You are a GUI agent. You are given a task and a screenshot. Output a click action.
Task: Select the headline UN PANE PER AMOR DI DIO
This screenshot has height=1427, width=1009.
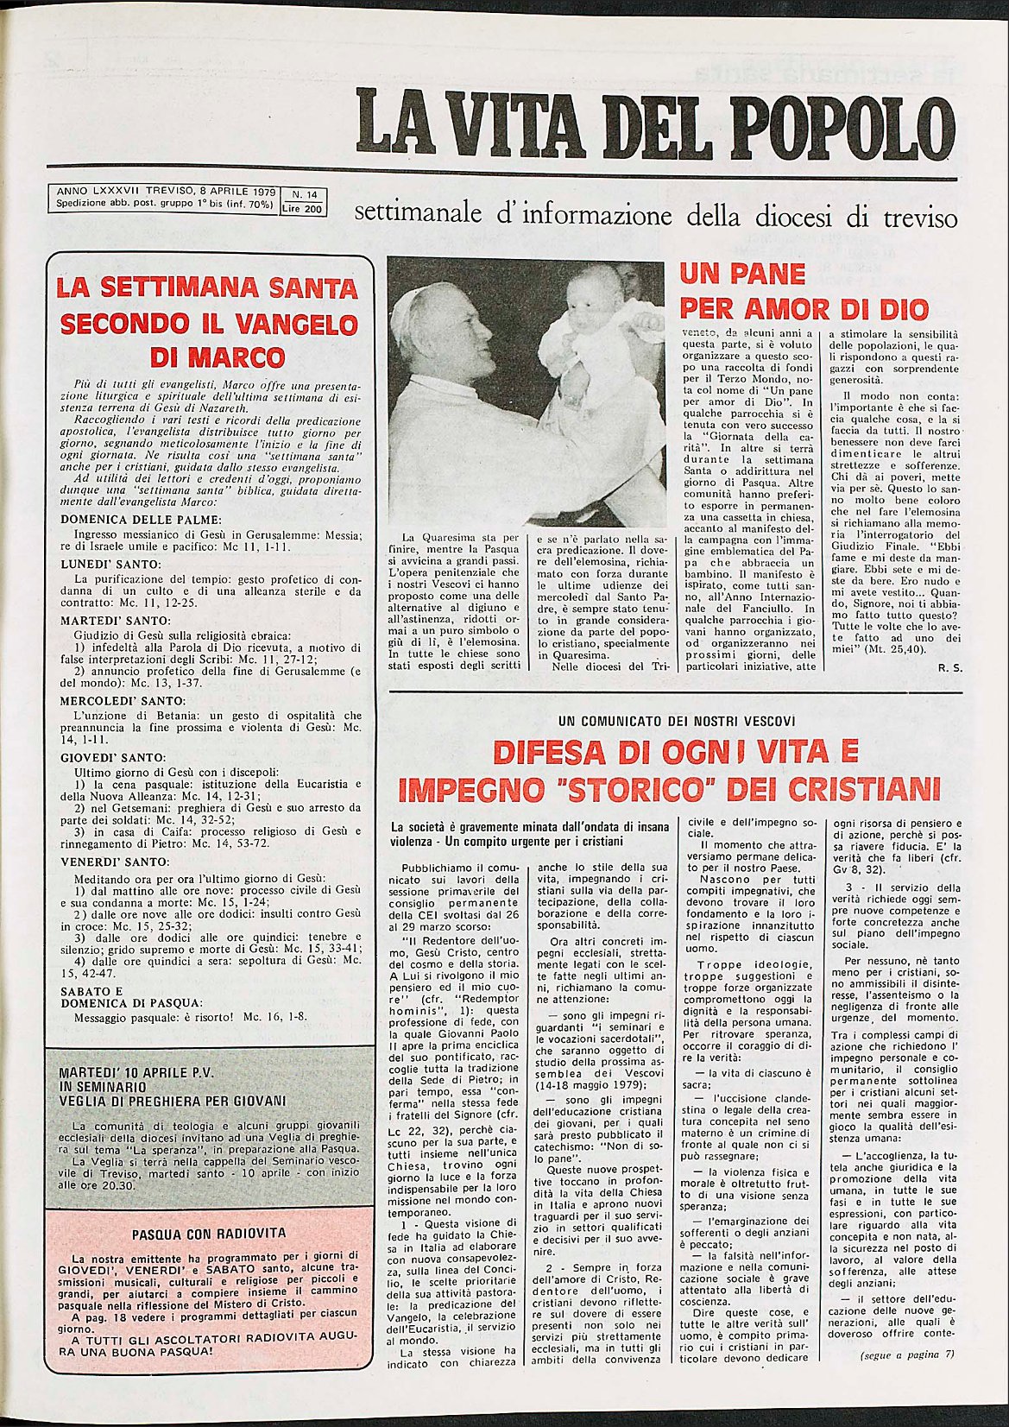click(x=804, y=292)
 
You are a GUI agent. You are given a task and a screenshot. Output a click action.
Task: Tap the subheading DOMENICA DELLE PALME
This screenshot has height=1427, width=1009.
click(x=142, y=520)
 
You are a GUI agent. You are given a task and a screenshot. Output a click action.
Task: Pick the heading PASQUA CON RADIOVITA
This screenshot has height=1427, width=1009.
click(x=208, y=1234)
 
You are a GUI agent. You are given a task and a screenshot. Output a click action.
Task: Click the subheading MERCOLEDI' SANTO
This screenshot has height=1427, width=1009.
click(x=123, y=700)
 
